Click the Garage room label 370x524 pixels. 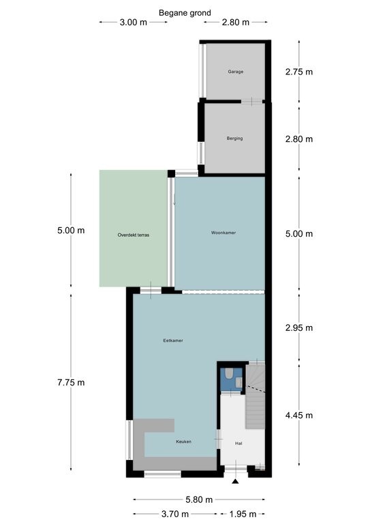point(236,72)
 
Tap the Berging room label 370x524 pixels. point(235,139)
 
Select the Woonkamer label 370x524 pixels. point(223,233)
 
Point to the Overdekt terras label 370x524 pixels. point(134,235)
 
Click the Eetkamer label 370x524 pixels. point(173,340)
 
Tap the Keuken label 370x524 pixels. point(184,441)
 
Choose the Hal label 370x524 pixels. point(238,443)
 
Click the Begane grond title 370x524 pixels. point(185,13)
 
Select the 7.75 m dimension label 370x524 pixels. point(71,382)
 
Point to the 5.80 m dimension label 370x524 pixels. point(199,499)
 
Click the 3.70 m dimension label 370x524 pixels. point(175,514)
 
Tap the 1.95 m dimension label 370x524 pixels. point(243,514)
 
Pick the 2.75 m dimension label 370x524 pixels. point(299,72)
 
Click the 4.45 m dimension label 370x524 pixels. point(299,416)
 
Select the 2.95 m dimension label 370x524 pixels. point(299,327)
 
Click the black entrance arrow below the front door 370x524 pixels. point(236,482)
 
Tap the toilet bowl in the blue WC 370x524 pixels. point(230,373)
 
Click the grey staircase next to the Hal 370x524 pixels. point(256,396)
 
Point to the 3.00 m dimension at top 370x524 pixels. point(134,23)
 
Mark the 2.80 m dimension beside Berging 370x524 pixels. point(299,139)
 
